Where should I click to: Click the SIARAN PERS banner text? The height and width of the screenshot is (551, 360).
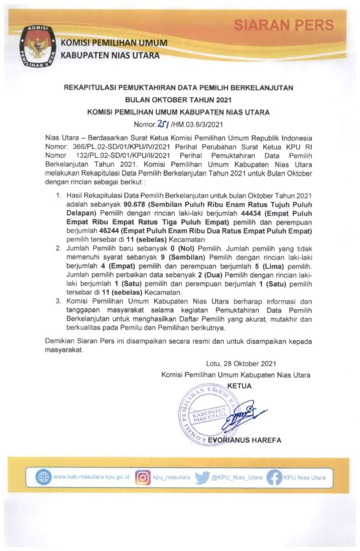pyautogui.click(x=284, y=25)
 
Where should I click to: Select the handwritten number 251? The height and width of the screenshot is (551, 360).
pyautogui.click(x=163, y=124)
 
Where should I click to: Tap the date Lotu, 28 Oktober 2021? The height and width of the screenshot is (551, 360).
pyautogui.click(x=241, y=364)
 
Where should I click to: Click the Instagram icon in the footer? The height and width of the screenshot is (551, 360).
pyautogui.click(x=143, y=477)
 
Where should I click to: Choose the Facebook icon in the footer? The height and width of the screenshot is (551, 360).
pyautogui.click(x=274, y=477)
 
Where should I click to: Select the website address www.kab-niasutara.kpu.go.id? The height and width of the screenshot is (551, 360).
pyautogui.click(x=91, y=477)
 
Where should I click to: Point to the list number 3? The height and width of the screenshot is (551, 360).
pyautogui.click(x=58, y=301)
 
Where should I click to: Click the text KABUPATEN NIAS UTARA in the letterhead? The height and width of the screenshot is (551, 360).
pyautogui.click(x=114, y=56)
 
